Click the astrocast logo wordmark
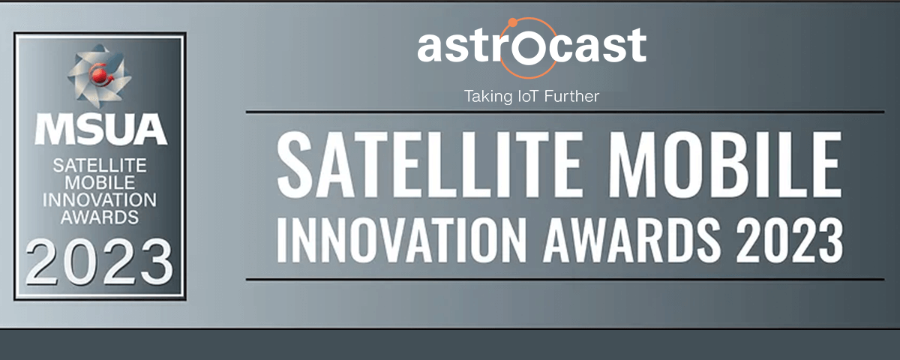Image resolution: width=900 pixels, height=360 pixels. click(x=532, y=46)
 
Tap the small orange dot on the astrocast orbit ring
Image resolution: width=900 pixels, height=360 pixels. click(x=512, y=23)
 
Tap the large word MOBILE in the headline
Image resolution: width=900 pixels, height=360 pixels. click(x=725, y=164)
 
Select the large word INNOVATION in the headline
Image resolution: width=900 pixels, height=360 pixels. click(x=401, y=239)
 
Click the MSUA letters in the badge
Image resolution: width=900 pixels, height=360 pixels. click(x=100, y=129)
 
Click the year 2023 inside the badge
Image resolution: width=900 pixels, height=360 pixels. click(x=100, y=262)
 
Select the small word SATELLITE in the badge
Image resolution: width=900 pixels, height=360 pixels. click(x=100, y=166)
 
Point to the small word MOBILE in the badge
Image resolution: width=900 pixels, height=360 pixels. click(x=100, y=183)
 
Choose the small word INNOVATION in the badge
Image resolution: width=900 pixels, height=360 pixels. click(x=100, y=200)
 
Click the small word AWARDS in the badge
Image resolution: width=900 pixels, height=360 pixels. click(x=100, y=217)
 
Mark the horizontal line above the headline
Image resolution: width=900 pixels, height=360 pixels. click(x=565, y=112)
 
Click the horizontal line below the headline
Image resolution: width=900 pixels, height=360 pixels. click(x=565, y=279)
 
